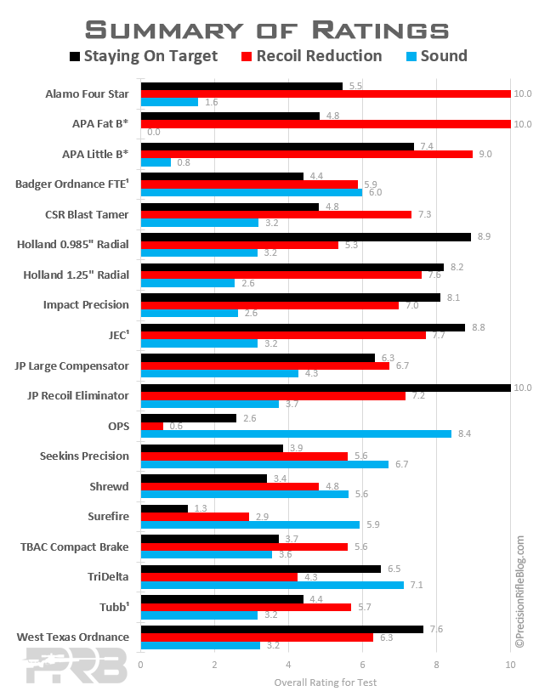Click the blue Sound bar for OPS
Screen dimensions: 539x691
point(296,434)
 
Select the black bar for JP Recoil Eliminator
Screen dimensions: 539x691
point(326,388)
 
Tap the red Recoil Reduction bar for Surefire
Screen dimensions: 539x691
point(195,517)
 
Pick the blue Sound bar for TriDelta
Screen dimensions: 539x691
point(272,586)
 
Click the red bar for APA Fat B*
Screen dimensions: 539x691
point(326,124)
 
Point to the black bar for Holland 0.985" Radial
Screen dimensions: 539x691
point(306,237)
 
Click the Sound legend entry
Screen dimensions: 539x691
point(437,56)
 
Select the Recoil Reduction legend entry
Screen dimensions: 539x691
point(312,56)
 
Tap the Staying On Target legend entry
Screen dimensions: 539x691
point(144,56)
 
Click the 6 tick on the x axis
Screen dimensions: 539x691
point(362,665)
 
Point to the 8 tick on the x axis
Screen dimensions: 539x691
point(436,665)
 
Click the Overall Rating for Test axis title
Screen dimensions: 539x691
point(326,683)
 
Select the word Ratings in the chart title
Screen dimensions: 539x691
point(380,31)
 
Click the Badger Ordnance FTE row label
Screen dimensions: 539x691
point(72,184)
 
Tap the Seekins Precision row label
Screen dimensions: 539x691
point(85,456)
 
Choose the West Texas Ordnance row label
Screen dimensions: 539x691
point(73,637)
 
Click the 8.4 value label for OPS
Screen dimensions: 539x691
point(464,434)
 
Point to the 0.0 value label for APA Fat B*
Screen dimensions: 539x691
point(153,133)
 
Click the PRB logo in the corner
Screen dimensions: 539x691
point(76,666)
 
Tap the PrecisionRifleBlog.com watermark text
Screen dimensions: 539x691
point(520,592)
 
